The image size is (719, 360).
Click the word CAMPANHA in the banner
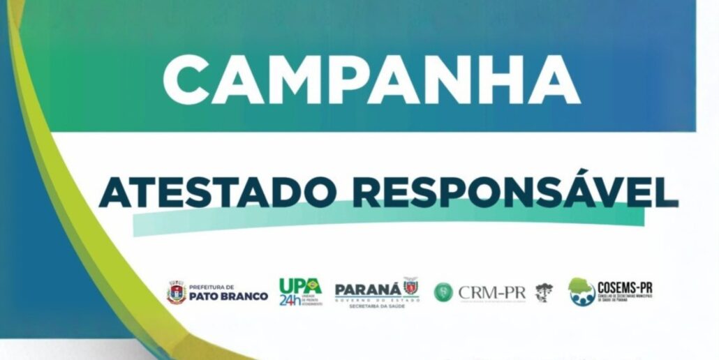pyautogui.click(x=371, y=79)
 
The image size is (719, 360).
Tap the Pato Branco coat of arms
pyautogui.click(x=176, y=292)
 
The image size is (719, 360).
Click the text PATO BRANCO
pyautogui.click(x=228, y=297)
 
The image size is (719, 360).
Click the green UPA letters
pyautogui.click(x=295, y=286)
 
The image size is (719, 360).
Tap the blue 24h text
pyautogui.click(x=290, y=300)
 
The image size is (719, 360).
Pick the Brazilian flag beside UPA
pyautogui.click(x=315, y=285)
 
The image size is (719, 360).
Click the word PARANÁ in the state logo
pyautogui.click(x=368, y=290)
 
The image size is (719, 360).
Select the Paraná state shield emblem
pyautogui.click(x=410, y=285)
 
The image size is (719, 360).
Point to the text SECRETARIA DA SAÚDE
pyautogui.click(x=377, y=306)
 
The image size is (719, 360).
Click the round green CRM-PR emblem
pyautogui.click(x=443, y=292)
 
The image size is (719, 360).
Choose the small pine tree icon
pyautogui.click(x=544, y=292)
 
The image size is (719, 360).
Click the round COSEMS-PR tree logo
pyautogui.click(x=581, y=292)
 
